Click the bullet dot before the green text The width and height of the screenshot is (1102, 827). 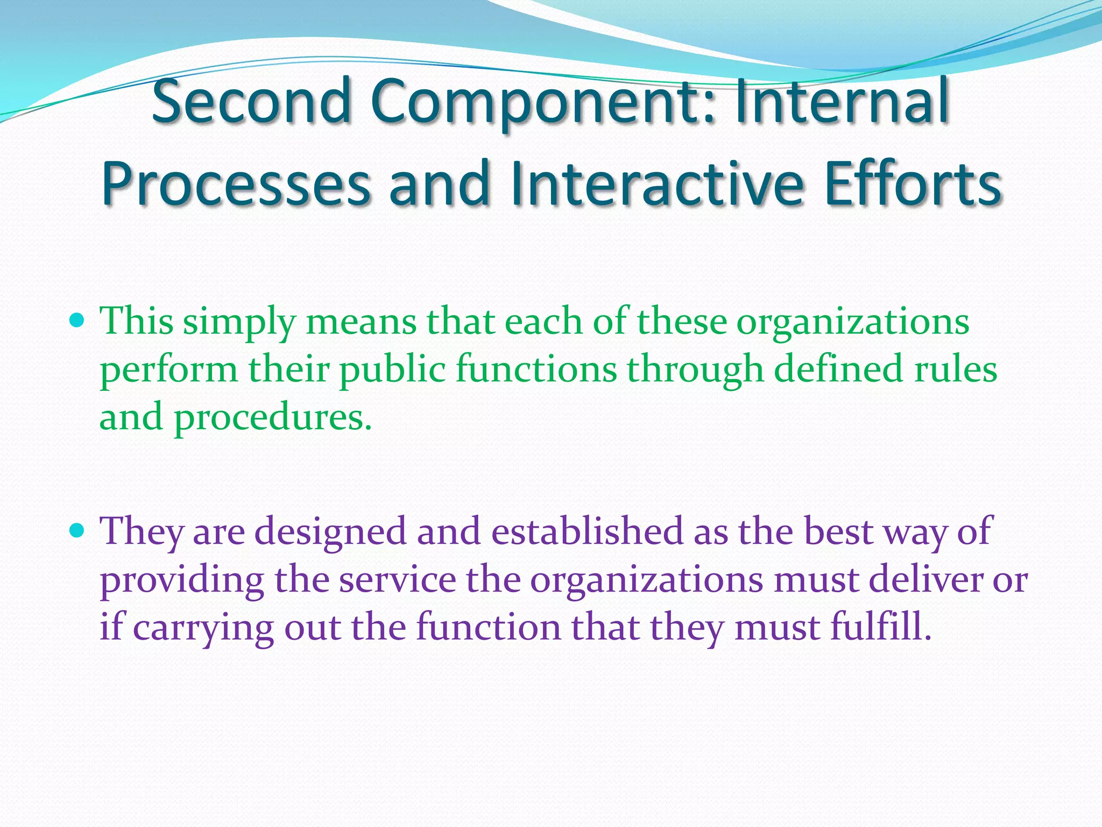coord(78,321)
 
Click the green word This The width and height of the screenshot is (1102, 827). coord(137,321)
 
